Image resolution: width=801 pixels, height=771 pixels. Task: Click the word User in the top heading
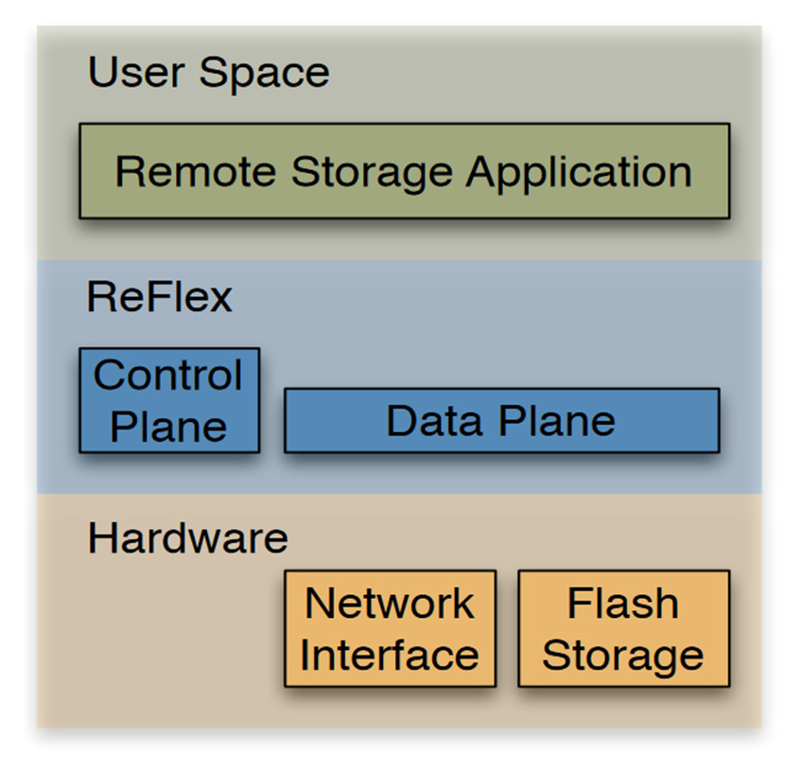click(131, 73)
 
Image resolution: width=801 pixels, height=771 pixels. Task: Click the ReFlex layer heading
click(159, 297)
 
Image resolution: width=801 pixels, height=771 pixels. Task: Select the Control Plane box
click(169, 400)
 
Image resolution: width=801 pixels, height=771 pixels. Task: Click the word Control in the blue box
click(169, 376)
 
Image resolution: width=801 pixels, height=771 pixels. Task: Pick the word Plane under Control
click(169, 426)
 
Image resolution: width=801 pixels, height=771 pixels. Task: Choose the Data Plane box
click(501, 420)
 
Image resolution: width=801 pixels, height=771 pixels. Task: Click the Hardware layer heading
click(187, 538)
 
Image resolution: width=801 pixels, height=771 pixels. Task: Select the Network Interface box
click(390, 628)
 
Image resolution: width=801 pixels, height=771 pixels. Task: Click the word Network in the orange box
click(390, 604)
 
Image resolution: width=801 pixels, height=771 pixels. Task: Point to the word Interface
click(390, 655)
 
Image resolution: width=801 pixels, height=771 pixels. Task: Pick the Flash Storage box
click(623, 628)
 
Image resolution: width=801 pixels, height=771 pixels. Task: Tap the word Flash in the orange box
click(623, 604)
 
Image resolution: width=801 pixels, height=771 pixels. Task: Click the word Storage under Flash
click(623, 655)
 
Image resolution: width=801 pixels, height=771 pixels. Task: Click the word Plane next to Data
click(559, 420)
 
